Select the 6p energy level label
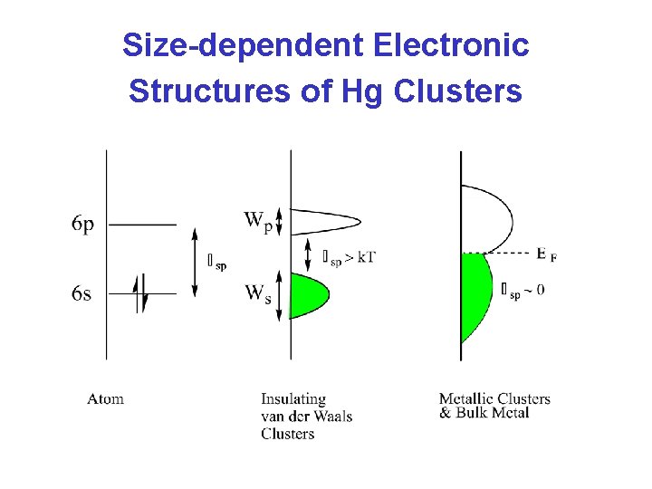(81, 225)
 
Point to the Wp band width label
(256, 220)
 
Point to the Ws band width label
(256, 293)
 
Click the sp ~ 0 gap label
(523, 290)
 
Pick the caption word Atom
(105, 398)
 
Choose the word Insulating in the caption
(293, 398)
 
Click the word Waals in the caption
(331, 416)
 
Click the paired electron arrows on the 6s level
(139, 293)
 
